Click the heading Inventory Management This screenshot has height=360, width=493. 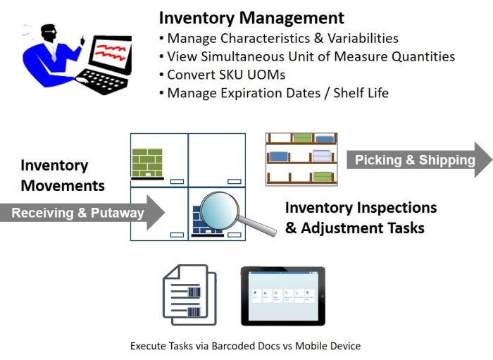pyautogui.click(x=251, y=18)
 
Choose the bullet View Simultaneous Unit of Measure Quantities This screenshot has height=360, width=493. pyautogui.click(x=311, y=56)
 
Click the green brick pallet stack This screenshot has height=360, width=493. pyautogui.click(x=147, y=162)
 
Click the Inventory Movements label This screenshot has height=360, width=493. pyautogui.click(x=63, y=175)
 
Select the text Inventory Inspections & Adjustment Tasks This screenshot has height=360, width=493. pyautogui.click(x=361, y=218)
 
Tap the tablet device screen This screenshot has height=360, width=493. pyautogui.click(x=282, y=295)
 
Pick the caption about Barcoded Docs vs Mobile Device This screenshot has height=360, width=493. pyautogui.click(x=245, y=346)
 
